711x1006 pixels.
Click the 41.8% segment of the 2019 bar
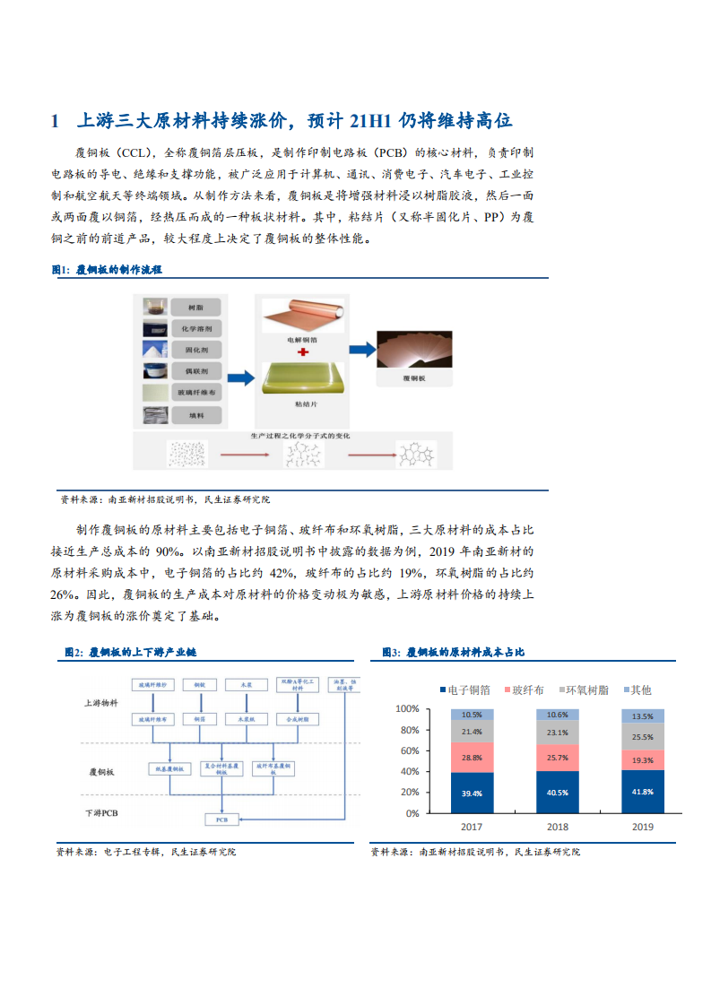click(x=643, y=792)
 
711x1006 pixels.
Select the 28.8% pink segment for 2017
click(x=472, y=758)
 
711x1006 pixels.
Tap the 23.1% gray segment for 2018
click(x=557, y=733)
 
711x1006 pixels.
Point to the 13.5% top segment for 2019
click(x=643, y=716)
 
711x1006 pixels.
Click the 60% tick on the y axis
click(x=408, y=750)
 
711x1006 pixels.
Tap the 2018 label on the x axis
click(x=557, y=828)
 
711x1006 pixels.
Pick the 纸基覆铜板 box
click(x=169, y=768)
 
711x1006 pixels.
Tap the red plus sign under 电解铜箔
click(x=301, y=353)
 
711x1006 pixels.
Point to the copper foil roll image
click(x=301, y=317)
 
